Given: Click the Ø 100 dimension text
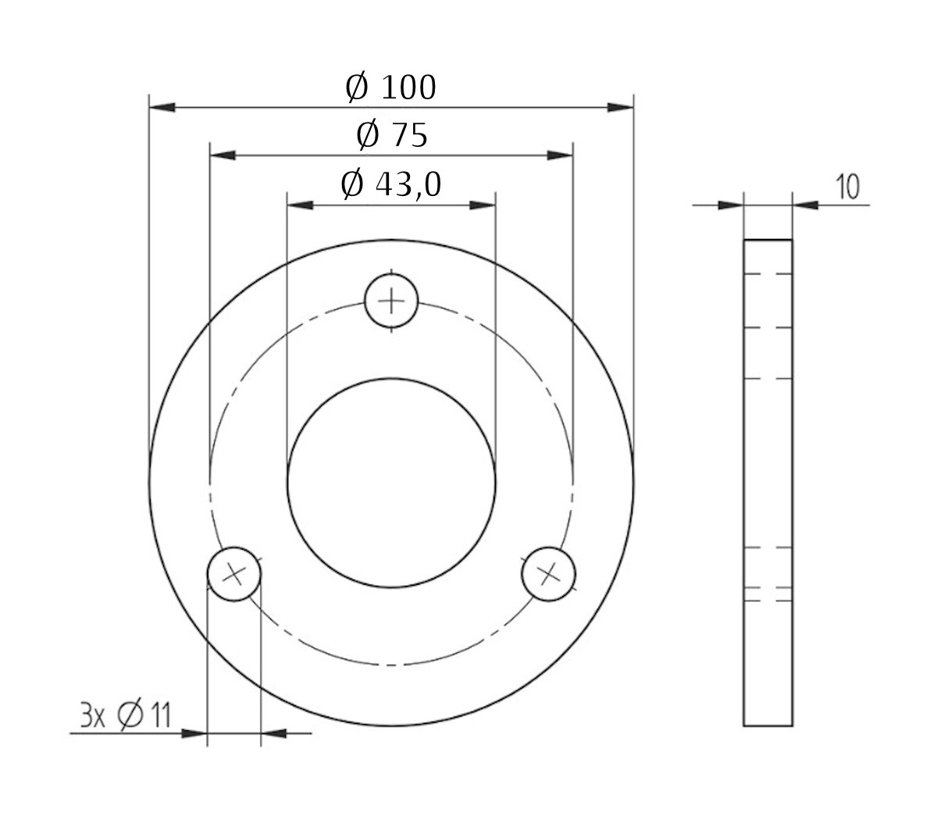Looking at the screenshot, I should [390, 87].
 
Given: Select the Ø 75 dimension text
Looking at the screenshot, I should [391, 136].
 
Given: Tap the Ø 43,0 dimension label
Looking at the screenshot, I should [391, 184].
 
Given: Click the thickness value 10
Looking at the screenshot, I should [846, 187].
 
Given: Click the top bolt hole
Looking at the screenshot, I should [392, 300].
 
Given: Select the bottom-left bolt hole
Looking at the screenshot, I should [233, 575].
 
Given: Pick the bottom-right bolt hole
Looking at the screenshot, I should [550, 575].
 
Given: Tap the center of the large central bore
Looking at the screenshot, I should [391, 483].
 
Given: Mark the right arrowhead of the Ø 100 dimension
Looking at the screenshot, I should [621, 106].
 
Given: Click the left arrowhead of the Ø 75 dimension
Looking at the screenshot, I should [223, 155].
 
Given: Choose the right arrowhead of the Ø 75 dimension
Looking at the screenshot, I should [561, 155].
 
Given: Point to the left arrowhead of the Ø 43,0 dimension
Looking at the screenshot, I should [300, 205].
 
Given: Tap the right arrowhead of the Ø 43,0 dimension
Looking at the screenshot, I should [483, 205].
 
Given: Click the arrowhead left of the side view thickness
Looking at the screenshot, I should [731, 205].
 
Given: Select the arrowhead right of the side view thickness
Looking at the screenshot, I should [805, 205].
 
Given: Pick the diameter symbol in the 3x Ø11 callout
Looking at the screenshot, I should [128, 715].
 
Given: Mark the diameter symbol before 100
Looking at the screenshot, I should [356, 88].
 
